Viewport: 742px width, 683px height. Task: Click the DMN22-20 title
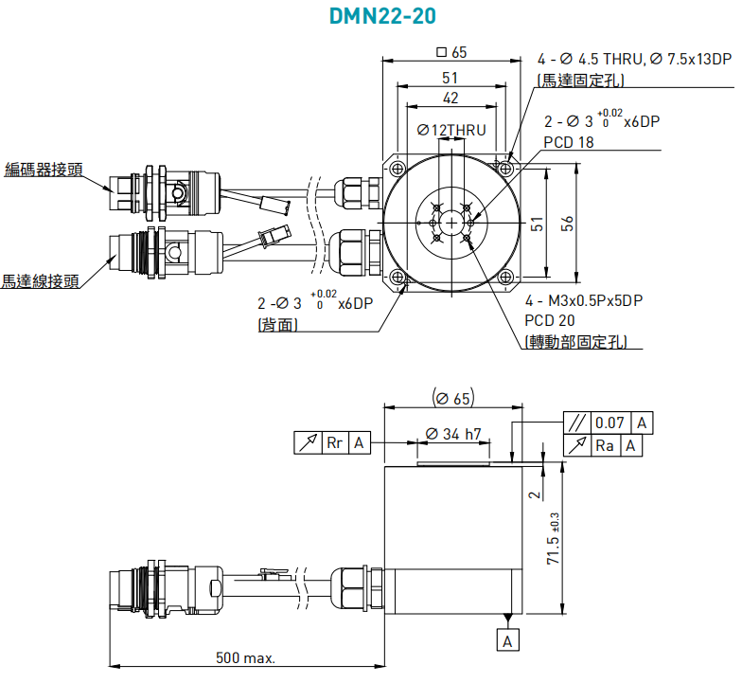(382, 16)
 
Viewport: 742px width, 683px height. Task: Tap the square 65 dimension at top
(451, 51)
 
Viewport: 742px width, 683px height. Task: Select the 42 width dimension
(450, 99)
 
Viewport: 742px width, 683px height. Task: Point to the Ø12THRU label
(451, 130)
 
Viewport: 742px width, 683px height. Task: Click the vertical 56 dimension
(567, 224)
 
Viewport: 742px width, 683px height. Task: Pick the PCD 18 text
(568, 142)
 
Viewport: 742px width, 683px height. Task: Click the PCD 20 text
(550, 320)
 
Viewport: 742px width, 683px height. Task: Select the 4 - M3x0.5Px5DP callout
(584, 300)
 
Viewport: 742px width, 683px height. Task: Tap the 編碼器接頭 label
(44, 169)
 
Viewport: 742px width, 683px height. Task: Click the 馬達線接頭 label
(40, 280)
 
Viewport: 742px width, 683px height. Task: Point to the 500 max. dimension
(246, 657)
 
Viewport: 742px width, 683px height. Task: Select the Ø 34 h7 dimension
(452, 434)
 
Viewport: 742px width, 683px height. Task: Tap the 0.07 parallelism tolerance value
(609, 422)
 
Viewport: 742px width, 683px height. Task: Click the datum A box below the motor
(507, 640)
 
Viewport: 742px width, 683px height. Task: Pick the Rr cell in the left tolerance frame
(335, 443)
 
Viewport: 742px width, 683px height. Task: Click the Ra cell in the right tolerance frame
(604, 445)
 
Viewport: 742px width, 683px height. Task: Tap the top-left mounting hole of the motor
(397, 169)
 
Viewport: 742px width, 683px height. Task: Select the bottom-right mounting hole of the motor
(505, 277)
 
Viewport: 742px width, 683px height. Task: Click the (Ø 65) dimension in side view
(453, 398)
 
